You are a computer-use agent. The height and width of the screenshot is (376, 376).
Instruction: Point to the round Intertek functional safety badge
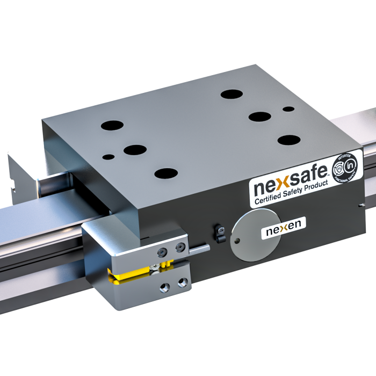pyautogui.click(x=344, y=168)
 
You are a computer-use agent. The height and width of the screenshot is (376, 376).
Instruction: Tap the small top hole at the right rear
pyautogui.click(x=288, y=109)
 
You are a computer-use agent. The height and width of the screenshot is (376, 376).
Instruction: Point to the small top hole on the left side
pyautogui.click(x=109, y=157)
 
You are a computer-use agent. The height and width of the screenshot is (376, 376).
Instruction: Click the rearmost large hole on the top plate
pyautogui.click(x=232, y=95)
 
